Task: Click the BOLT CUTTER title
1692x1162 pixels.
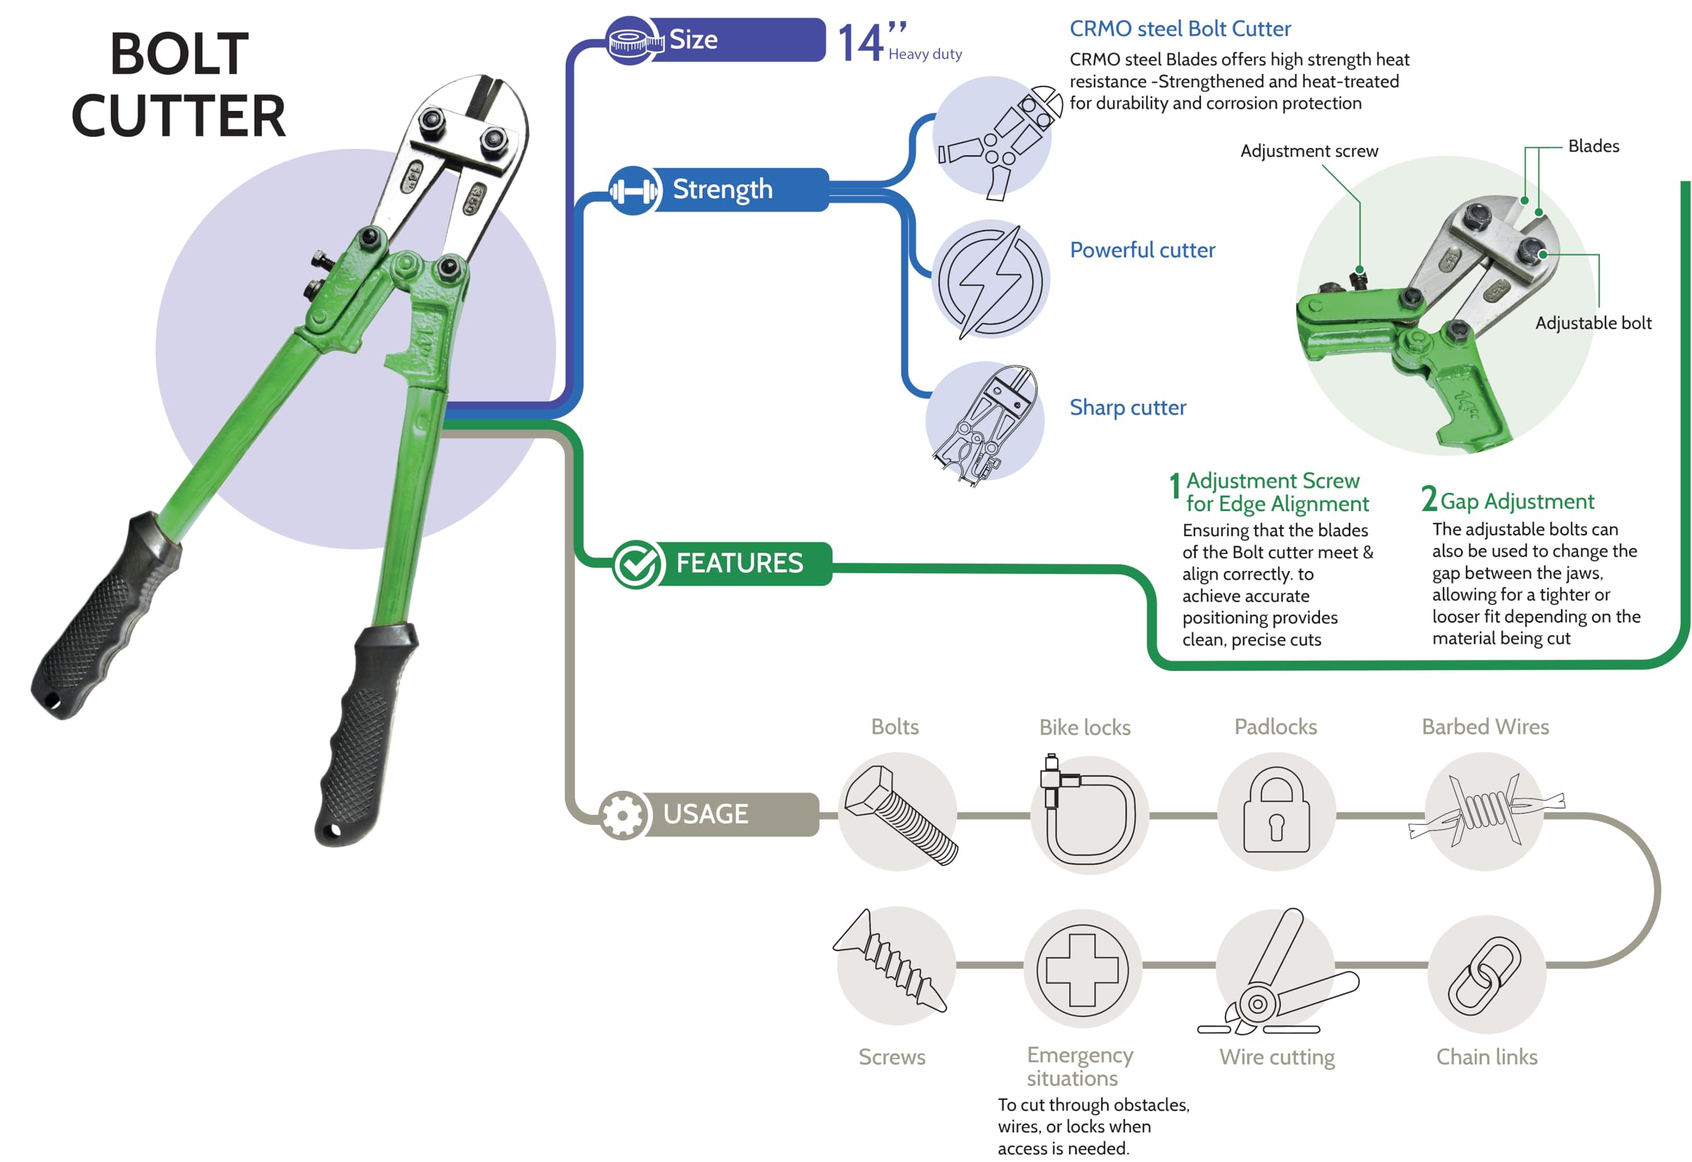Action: coord(178,85)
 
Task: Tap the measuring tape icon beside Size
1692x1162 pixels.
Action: coord(632,41)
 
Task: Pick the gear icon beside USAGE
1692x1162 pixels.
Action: coord(623,815)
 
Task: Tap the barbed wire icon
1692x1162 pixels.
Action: coord(1485,810)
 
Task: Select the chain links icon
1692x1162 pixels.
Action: coord(1485,976)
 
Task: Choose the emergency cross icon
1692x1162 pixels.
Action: coord(1082,970)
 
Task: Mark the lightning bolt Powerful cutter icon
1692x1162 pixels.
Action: coord(990,280)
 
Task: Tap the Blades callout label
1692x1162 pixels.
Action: coord(1593,146)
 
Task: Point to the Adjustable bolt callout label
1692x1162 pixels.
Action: coord(1593,323)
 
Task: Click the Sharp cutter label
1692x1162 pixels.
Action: coord(1127,408)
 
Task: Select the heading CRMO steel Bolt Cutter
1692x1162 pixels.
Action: coord(1180,29)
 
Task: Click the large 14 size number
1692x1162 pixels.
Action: coord(861,44)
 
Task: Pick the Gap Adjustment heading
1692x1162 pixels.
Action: coord(1517,501)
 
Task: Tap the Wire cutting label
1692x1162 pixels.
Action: coord(1276,1056)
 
